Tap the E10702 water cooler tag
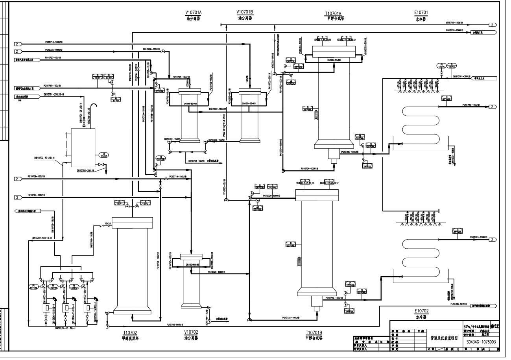(x=421, y=310)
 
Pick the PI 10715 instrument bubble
(x=441, y=66)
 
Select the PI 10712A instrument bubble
(x=34, y=288)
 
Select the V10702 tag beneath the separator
(x=191, y=332)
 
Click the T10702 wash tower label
(x=130, y=332)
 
